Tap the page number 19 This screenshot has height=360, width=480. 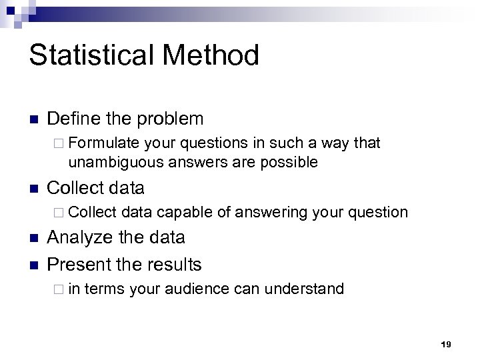tap(446, 344)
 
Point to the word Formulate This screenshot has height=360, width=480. tap(103, 143)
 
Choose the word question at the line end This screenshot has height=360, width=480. tap(377, 213)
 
